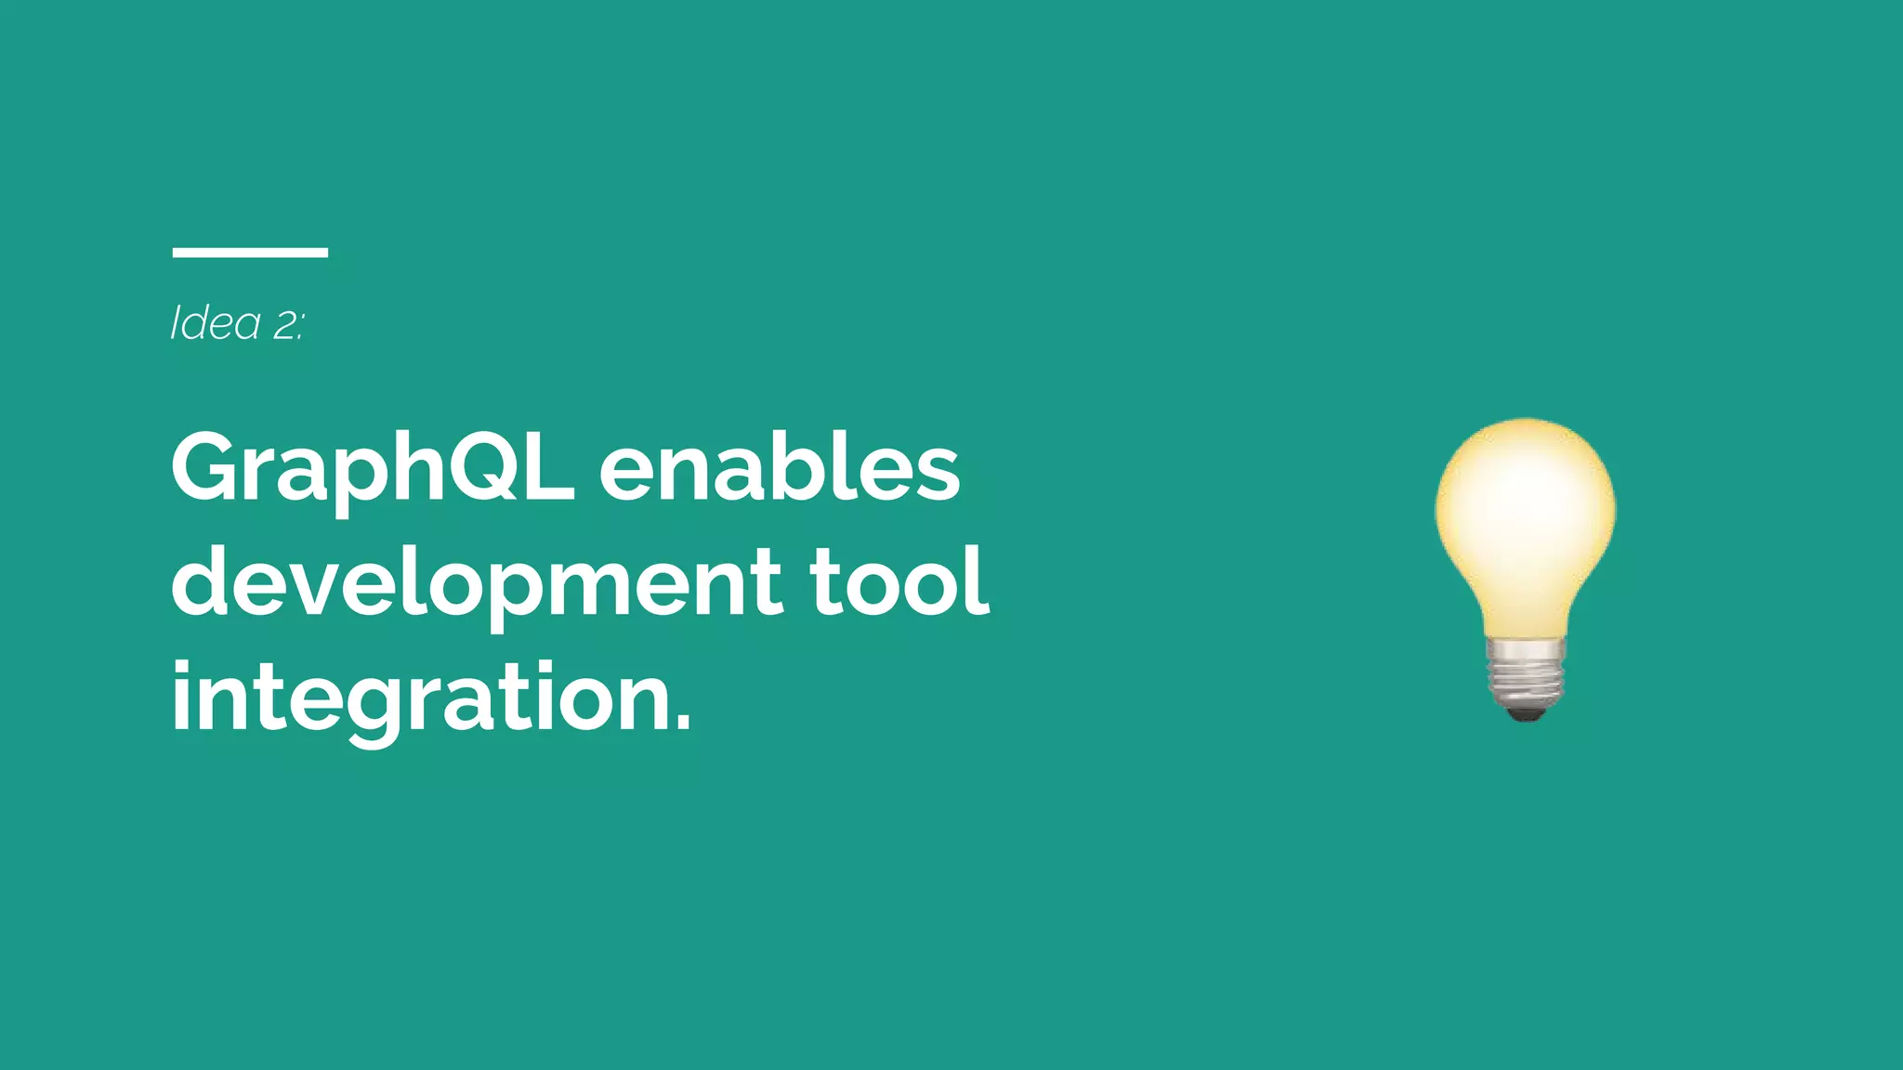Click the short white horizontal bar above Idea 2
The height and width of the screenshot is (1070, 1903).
click(x=250, y=252)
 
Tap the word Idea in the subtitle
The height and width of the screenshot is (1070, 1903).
click(x=216, y=323)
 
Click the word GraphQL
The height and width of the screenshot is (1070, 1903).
click(x=372, y=469)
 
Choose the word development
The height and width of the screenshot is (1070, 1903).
click(x=477, y=583)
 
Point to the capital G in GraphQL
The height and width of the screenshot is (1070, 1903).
click(x=208, y=468)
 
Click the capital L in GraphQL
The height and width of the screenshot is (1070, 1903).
click(x=550, y=468)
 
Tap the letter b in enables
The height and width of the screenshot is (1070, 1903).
click(x=807, y=467)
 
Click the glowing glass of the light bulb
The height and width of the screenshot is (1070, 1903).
click(x=1525, y=511)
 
